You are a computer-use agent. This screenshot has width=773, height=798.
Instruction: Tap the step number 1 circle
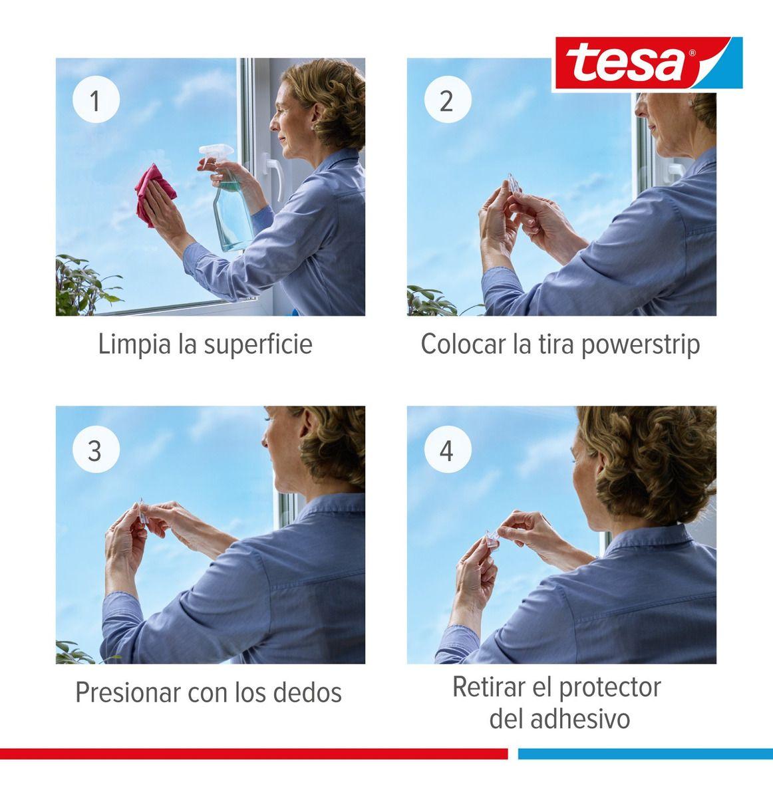96,102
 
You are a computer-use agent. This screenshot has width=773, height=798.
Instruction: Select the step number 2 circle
447,102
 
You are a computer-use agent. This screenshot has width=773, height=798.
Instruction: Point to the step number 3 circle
96,450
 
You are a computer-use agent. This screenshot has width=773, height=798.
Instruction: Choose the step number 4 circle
447,450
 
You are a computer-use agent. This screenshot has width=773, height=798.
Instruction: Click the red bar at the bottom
253,753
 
